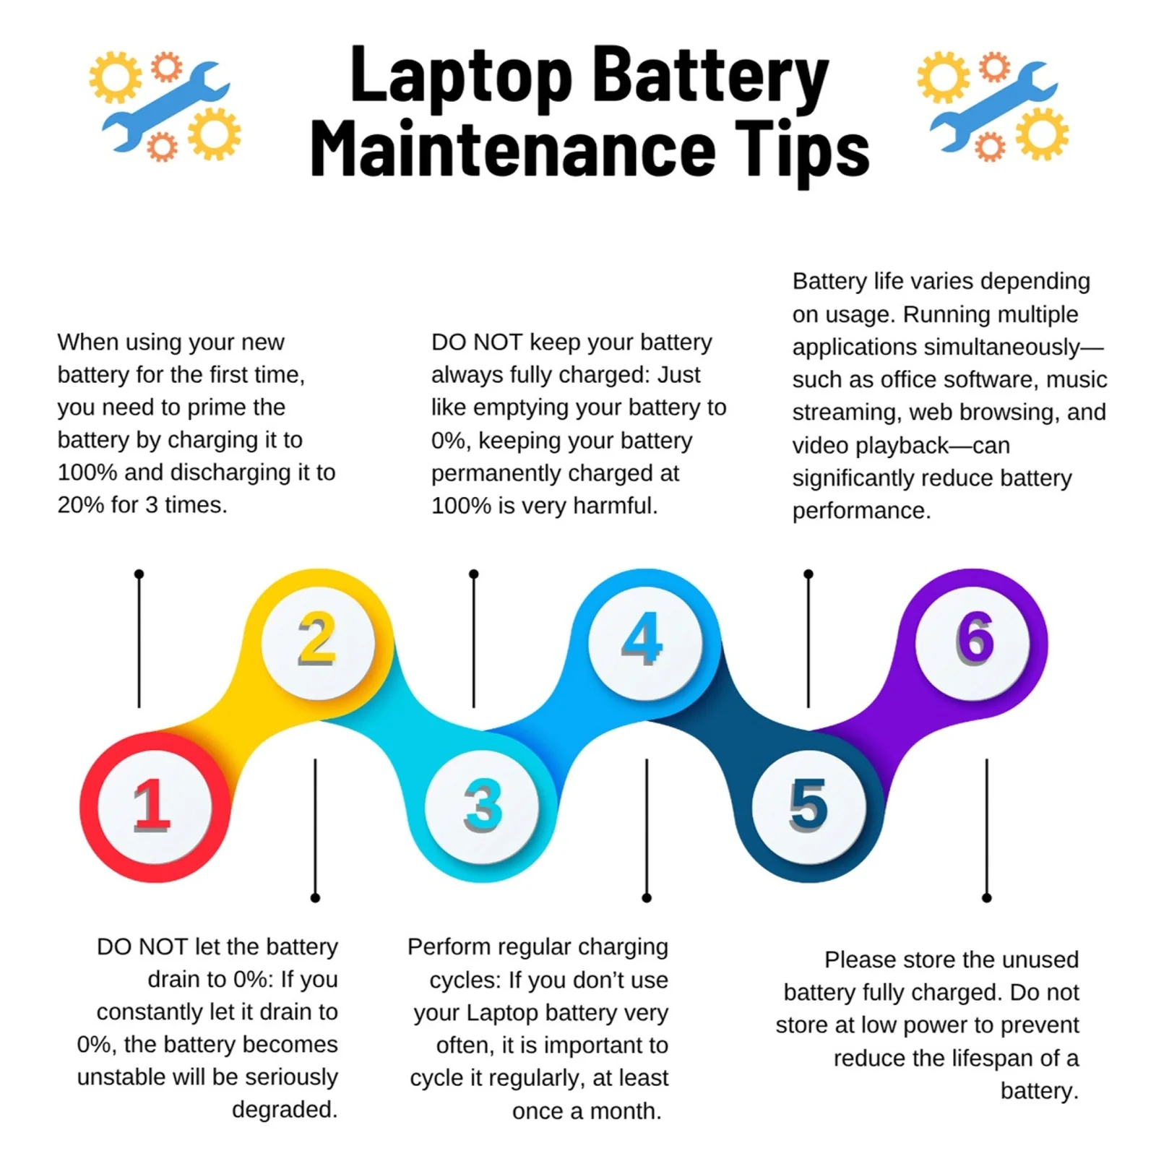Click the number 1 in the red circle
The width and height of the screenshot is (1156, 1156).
tap(152, 805)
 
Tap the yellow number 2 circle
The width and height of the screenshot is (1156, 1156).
tap(318, 643)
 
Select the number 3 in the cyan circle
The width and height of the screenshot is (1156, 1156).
tap(483, 805)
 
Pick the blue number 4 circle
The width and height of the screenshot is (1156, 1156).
tap(645, 643)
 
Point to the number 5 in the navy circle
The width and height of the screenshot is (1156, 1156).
tap(808, 805)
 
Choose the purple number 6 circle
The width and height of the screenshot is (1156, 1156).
tap(972, 643)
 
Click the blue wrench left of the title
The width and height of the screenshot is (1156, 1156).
tap(165, 106)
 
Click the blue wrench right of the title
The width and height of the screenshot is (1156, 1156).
tap(993, 106)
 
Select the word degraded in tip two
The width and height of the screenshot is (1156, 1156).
tap(285, 1110)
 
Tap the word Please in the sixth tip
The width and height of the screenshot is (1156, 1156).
tap(860, 959)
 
